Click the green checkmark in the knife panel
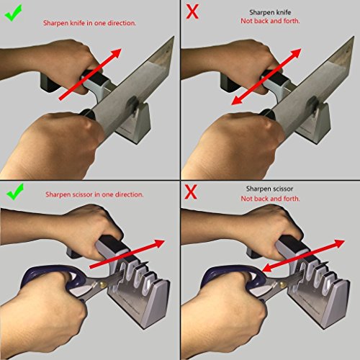point(14,13)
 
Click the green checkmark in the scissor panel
point(15,192)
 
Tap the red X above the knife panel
point(192,12)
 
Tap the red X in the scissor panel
point(191,192)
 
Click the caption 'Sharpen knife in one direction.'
point(89,23)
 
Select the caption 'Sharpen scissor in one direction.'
point(94,194)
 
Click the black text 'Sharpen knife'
point(270,12)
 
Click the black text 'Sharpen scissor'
point(270,189)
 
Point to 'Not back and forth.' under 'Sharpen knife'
point(270,21)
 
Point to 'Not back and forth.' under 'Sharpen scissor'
point(271,199)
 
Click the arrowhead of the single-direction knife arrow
point(116,53)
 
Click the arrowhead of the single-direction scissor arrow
point(159,243)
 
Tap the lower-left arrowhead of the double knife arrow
point(237,100)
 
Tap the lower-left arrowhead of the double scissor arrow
point(267,268)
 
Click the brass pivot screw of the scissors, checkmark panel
point(103,285)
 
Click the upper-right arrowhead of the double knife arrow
point(295,53)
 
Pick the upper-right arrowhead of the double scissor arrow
point(338,243)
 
